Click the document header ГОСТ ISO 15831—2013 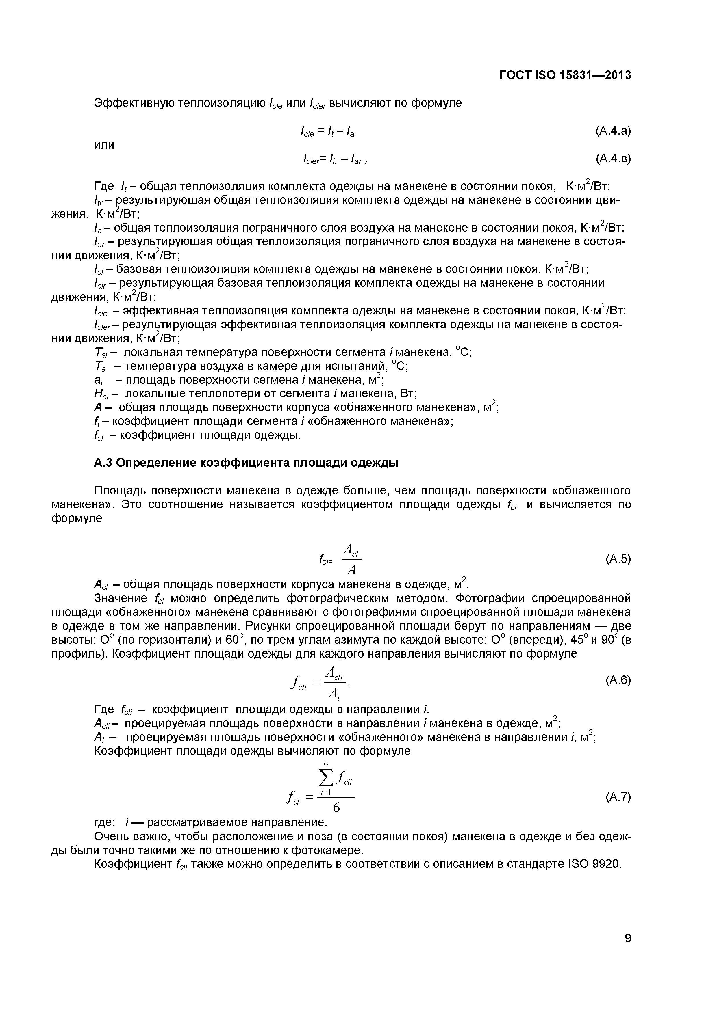coord(565,75)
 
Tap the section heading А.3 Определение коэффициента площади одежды coord(246,463)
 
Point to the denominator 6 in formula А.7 coord(336,808)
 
